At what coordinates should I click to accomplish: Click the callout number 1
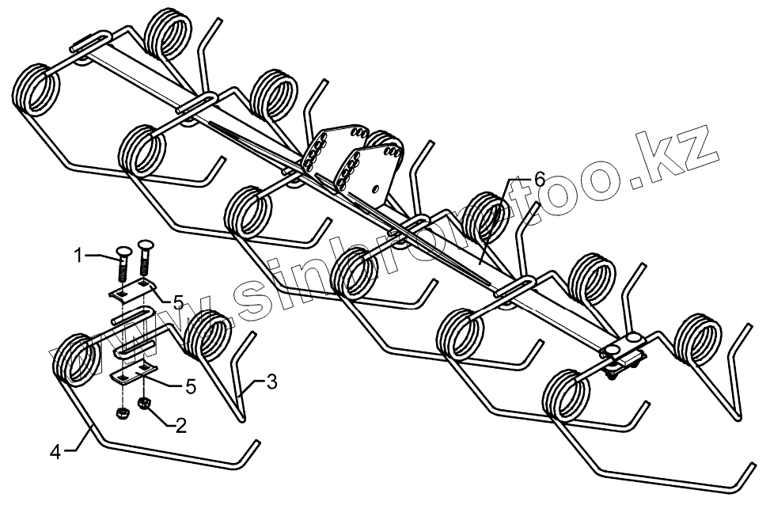tap(78, 255)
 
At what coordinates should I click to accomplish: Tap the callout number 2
tap(181, 426)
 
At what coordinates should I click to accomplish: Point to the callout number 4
tap(55, 452)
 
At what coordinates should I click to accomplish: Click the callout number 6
tap(539, 180)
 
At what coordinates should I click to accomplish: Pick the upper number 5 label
tap(178, 302)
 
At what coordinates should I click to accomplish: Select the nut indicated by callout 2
tap(145, 405)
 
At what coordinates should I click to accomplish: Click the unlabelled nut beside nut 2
tap(123, 413)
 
